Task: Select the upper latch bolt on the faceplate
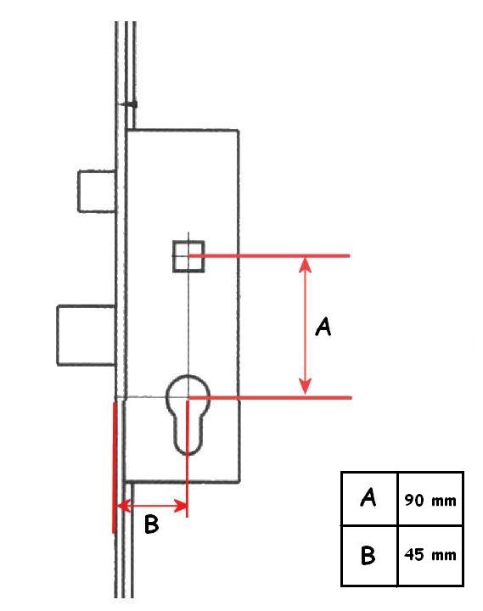(x=97, y=191)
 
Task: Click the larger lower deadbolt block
(x=86, y=335)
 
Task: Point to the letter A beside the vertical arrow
(x=323, y=327)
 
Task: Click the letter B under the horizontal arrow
(x=151, y=524)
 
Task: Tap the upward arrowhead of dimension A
(x=306, y=264)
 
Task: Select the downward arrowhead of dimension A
(x=306, y=387)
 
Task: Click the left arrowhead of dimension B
(x=123, y=506)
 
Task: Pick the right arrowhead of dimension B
(x=180, y=506)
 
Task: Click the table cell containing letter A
(x=369, y=498)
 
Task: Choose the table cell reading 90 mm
(x=430, y=498)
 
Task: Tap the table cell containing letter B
(x=369, y=555)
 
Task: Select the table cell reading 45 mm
(x=430, y=555)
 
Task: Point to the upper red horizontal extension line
(x=269, y=255)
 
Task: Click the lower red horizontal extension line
(x=270, y=397)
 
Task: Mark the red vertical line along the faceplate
(x=114, y=468)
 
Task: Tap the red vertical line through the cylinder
(x=188, y=458)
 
